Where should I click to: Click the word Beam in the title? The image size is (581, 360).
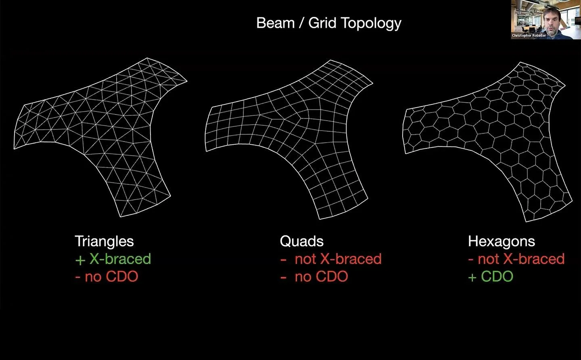coord(276,23)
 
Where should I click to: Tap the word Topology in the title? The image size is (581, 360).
coord(371,24)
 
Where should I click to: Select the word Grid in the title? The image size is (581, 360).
coord(322,23)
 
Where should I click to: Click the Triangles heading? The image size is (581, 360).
coord(104,241)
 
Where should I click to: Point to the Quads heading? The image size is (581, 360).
coord(302,241)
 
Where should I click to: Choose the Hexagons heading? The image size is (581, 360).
coord(502,241)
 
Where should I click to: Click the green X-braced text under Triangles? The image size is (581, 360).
coord(120,259)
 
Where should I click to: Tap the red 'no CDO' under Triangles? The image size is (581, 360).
coord(111,276)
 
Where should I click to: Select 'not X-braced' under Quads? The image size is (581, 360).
coord(338,259)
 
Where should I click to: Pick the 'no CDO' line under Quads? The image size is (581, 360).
coord(321,276)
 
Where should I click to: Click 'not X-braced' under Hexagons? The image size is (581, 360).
coord(521,259)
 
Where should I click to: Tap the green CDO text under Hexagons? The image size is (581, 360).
coord(497,276)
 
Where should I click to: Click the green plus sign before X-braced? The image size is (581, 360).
coord(80,260)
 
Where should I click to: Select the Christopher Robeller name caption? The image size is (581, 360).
coord(529,35)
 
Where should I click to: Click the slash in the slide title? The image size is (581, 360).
coord(301,23)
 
